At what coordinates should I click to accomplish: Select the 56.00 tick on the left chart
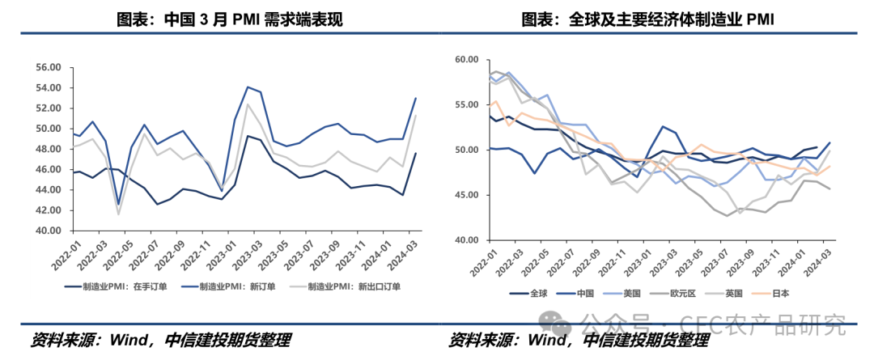click(49, 67)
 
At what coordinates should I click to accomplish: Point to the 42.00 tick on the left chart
click(49, 210)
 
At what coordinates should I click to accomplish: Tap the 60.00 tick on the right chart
click(467, 60)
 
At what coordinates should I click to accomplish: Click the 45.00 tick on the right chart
click(467, 195)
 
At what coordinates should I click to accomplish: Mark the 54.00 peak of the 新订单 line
click(247, 87)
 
